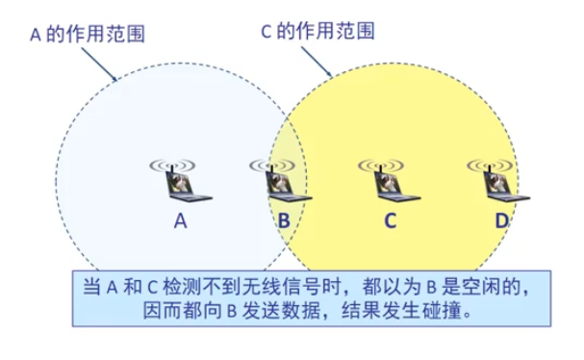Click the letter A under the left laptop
pos(180,221)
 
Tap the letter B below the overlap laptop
pos(284,221)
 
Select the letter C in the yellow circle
pos(391,221)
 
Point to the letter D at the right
pos(501,221)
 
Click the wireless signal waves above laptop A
pos(173,165)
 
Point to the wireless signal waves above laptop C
pos(381,165)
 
